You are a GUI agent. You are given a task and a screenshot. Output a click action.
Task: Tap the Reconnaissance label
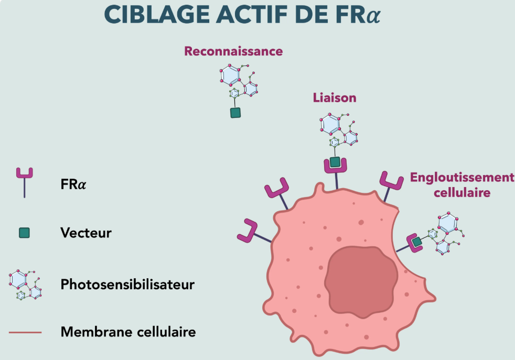[233, 51]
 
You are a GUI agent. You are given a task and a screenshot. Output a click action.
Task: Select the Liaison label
[334, 97]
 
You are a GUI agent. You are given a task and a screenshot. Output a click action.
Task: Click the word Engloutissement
[462, 178]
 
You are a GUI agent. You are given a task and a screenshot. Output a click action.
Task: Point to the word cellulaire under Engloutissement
[462, 192]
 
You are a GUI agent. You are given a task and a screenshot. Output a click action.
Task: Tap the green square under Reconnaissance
[235, 113]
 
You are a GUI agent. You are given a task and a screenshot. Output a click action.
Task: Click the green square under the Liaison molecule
[335, 162]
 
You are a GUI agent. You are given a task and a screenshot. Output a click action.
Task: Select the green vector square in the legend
[24, 233]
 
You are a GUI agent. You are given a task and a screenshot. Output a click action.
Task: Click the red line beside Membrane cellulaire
[25, 332]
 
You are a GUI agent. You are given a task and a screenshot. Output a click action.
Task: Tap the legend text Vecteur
[86, 233]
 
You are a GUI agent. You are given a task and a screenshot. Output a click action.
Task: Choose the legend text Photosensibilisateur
[127, 285]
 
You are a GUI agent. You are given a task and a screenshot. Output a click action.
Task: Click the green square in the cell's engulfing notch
[416, 242]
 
